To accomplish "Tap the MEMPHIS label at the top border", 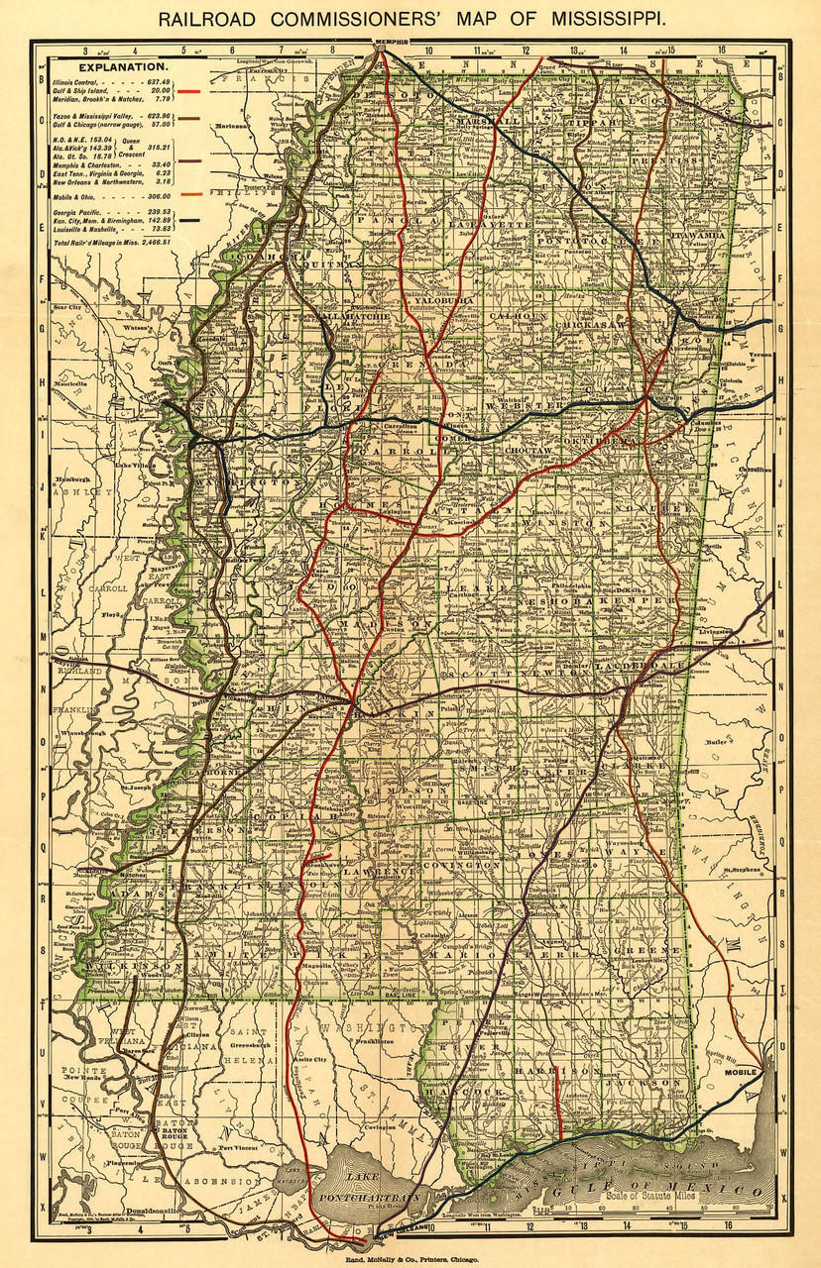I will (385, 43).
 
